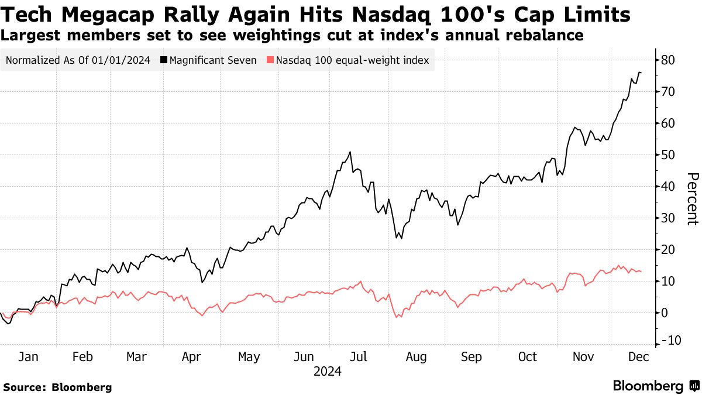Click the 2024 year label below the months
pos(328,371)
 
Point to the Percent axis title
pos(693,199)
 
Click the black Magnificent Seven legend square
pos(164,60)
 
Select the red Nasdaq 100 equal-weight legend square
pos(270,60)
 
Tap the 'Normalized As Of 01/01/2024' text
pos(78,60)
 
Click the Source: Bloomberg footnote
pos(57,387)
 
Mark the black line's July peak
pos(350,152)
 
